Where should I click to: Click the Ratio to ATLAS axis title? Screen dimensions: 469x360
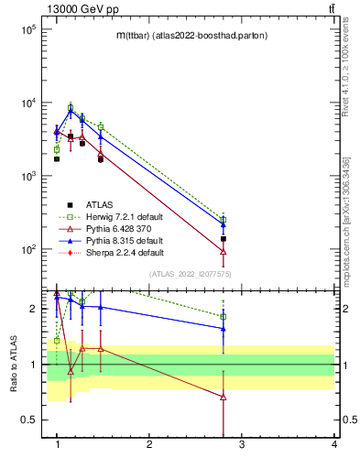14,364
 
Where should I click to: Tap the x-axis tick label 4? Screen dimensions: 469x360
333,444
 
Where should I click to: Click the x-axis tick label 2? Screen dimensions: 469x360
149,444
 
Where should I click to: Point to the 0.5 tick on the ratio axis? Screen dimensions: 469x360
30,420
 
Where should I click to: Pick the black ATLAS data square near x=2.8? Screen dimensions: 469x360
224,239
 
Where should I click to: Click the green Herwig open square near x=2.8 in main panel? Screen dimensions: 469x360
224,219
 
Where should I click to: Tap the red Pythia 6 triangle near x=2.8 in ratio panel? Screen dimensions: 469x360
224,397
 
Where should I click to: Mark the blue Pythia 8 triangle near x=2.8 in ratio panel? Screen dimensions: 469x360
224,328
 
